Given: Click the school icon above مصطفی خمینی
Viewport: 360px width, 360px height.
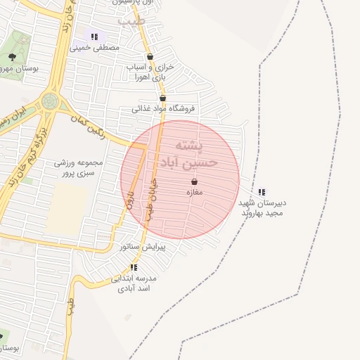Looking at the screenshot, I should [x=94, y=37].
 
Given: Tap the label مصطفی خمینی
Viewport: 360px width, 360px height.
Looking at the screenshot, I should [x=94, y=47].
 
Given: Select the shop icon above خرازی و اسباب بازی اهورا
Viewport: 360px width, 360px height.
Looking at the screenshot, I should [x=149, y=57].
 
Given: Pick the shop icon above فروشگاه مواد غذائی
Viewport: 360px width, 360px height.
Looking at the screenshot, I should [x=162, y=98].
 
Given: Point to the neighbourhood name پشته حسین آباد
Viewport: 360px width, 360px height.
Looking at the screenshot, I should [x=191, y=155].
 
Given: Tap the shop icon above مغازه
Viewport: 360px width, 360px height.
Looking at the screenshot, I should [x=194, y=181].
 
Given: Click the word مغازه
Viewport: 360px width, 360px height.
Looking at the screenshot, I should [x=194, y=192].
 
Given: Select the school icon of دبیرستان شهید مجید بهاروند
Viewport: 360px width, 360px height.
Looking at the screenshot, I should [x=262, y=191].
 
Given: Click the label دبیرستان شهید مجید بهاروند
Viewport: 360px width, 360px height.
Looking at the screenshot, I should [x=262, y=207].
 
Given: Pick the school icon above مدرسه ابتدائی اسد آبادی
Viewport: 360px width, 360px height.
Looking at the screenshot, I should [x=134, y=267].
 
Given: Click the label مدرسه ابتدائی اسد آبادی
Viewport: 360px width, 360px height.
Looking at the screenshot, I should [x=134, y=283].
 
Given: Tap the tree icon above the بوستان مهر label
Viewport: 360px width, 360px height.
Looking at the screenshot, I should [x=12, y=57].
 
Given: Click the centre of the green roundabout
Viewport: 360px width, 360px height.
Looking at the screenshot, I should [x=50, y=101].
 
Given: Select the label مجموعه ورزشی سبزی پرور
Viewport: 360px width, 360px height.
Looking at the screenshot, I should [x=79, y=167].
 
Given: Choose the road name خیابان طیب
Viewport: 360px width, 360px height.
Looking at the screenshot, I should [x=151, y=200].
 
